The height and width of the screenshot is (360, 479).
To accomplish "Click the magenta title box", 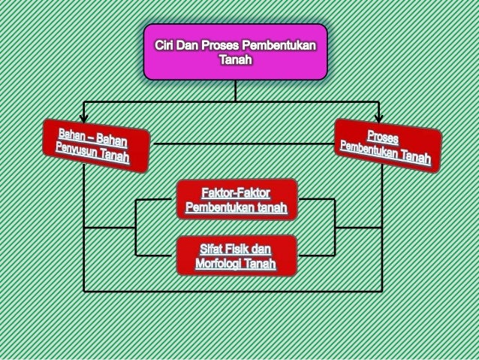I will pyautogui.click(x=235, y=51).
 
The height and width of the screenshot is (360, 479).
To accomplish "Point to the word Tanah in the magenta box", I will pyautogui.click(x=235, y=59).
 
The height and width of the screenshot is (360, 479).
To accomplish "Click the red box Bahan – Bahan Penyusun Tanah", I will pyautogui.click(x=95, y=145).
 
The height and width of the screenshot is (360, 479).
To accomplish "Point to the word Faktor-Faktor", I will pyautogui.click(x=236, y=191).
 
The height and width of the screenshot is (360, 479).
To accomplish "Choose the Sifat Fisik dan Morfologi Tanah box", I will pyautogui.click(x=236, y=256).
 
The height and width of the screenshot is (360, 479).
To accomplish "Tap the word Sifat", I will pyautogui.click(x=212, y=248).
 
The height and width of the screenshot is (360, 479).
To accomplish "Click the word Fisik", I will pyautogui.click(x=238, y=248).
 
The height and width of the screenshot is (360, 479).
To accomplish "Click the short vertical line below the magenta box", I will pyautogui.click(x=235, y=89).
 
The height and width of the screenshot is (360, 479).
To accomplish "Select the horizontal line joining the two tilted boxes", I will pyautogui.click(x=240, y=143).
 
